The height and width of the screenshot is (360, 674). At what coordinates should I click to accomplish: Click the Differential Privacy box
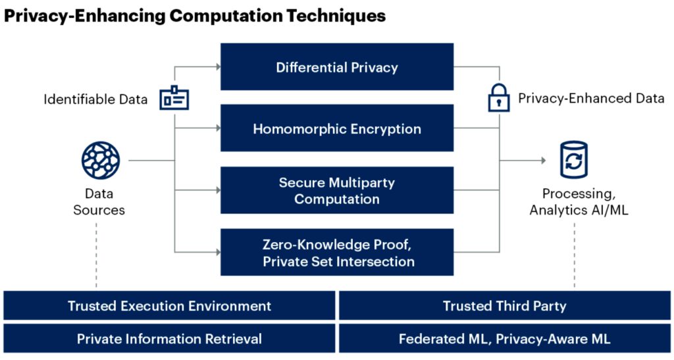(x=336, y=67)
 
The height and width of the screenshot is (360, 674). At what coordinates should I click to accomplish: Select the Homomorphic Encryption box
(x=336, y=128)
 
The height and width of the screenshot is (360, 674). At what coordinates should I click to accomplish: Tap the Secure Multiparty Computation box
(x=336, y=190)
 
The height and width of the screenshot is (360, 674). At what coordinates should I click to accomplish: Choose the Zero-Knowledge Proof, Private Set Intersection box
(x=336, y=253)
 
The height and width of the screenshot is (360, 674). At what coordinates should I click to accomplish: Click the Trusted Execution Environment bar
(x=169, y=306)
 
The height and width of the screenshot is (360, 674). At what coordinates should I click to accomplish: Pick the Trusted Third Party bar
(x=504, y=306)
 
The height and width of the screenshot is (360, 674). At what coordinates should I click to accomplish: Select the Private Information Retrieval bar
(x=169, y=339)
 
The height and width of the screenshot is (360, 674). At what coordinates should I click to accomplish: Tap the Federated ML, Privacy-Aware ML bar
(x=504, y=339)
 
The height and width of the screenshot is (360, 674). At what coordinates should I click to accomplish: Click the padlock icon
(x=498, y=98)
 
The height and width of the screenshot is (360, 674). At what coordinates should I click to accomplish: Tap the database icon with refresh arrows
(x=573, y=160)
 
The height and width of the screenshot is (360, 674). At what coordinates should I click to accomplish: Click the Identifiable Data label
(x=95, y=99)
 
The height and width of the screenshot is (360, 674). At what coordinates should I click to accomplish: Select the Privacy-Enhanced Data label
(x=591, y=99)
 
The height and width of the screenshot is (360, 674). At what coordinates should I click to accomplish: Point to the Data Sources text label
(x=99, y=202)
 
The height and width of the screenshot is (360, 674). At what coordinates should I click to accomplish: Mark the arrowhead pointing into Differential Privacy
(x=217, y=66)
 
